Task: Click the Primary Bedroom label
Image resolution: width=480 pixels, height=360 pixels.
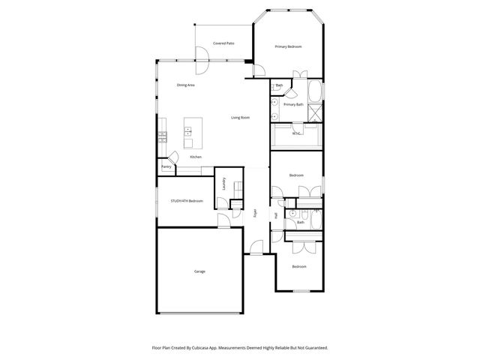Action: pyautogui.click(x=288, y=46)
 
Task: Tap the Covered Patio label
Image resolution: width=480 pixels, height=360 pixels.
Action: pyautogui.click(x=223, y=43)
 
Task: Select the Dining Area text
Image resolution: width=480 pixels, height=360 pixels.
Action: pyautogui.click(x=186, y=85)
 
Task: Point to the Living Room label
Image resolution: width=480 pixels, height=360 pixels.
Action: pyautogui.click(x=240, y=118)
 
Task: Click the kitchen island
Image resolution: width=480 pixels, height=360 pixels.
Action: pyautogui.click(x=188, y=136)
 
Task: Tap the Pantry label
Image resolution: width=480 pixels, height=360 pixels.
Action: pyautogui.click(x=166, y=166)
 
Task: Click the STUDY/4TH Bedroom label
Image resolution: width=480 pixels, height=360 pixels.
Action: pyautogui.click(x=187, y=201)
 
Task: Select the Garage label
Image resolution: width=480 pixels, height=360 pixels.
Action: pyautogui.click(x=199, y=271)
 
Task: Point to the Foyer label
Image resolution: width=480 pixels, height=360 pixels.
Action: pyautogui.click(x=255, y=212)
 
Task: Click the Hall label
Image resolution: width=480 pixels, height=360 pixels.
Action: pyautogui.click(x=276, y=216)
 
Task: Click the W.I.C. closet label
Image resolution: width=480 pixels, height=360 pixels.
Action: pyautogui.click(x=295, y=133)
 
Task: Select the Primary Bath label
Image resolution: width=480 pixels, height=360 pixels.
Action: pyautogui.click(x=294, y=105)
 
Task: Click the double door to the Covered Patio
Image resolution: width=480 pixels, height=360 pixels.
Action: pyautogui.click(x=202, y=62)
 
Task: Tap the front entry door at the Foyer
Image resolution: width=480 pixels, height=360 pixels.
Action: pyautogui.click(x=256, y=248)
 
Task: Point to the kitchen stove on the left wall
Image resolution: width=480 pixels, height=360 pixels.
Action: pyautogui.click(x=161, y=136)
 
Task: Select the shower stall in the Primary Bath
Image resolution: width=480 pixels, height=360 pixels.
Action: pyautogui.click(x=316, y=113)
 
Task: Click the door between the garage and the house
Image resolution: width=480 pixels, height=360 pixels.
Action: pyautogui.click(x=223, y=220)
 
